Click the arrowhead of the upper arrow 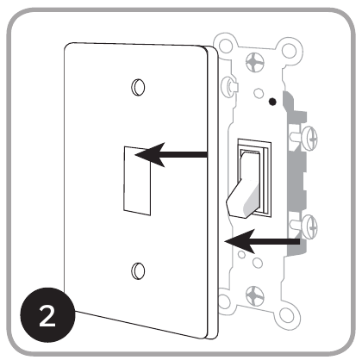tap(140, 156)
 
